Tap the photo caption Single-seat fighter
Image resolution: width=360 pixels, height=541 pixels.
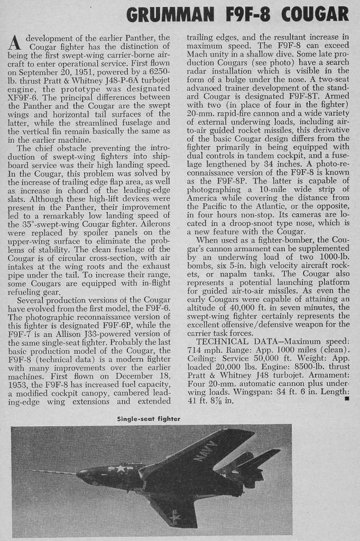[x=149, y=418]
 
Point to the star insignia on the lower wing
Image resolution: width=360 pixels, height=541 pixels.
[x=173, y=515]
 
